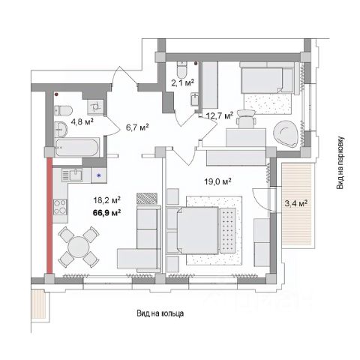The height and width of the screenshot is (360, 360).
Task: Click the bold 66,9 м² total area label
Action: [x=106, y=213]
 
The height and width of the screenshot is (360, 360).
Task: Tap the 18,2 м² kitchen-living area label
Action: [x=106, y=200]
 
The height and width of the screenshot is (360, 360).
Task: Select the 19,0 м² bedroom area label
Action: [x=217, y=181]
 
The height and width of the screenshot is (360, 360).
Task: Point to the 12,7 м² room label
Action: [x=220, y=115]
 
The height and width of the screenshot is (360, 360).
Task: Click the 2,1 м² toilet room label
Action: [x=183, y=82]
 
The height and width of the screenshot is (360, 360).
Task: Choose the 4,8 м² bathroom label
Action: [x=82, y=122]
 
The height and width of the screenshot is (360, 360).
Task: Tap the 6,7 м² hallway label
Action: [x=137, y=127]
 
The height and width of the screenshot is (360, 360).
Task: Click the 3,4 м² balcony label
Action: [x=296, y=203]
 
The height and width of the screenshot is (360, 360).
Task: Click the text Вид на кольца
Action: [x=160, y=313]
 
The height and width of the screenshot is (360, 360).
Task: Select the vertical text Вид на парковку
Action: [x=340, y=163]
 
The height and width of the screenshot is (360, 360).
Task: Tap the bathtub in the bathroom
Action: [x=76, y=147]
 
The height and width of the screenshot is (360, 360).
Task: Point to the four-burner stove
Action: [x=60, y=207]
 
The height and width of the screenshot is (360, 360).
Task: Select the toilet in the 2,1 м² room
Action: [x=181, y=69]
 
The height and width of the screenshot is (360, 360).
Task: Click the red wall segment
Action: [x=49, y=216]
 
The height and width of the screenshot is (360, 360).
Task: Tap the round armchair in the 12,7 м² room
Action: [x=286, y=134]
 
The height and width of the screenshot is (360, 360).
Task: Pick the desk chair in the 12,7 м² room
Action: [x=246, y=119]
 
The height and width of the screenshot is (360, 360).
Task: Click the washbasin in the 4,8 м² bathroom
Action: [x=61, y=130]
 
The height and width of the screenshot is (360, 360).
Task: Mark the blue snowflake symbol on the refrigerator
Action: [x=99, y=175]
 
